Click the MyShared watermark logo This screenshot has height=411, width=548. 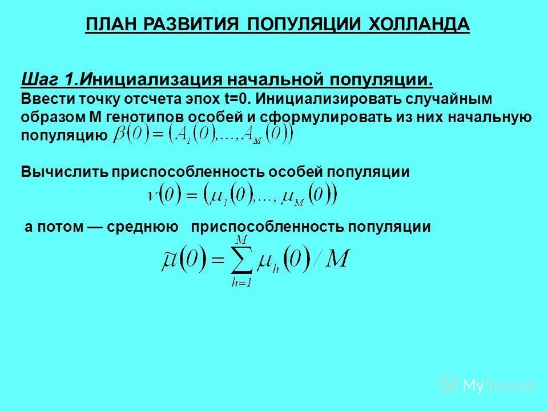(487, 385)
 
